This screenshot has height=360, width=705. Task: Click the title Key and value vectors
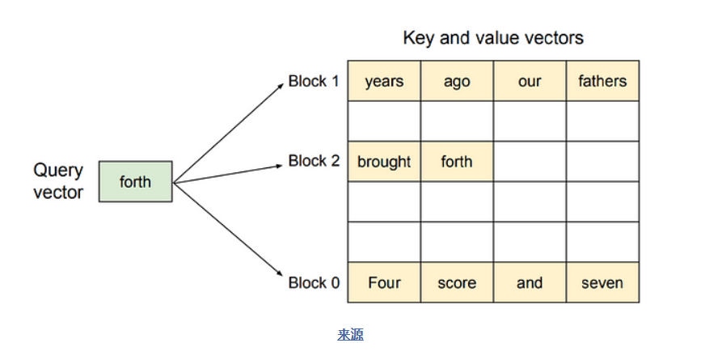[x=493, y=38]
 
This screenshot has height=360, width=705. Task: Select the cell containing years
[x=384, y=81]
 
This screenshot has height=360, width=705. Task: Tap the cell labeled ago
[x=458, y=81]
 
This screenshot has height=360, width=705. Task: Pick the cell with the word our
[x=530, y=81]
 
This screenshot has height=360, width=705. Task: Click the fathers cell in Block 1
[x=602, y=81]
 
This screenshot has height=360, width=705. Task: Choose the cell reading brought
[x=384, y=162]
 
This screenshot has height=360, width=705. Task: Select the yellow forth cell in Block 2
[x=458, y=162]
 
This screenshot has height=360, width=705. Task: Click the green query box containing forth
[x=135, y=181]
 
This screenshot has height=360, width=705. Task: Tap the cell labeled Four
[x=384, y=282]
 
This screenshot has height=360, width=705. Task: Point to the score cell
[x=458, y=282]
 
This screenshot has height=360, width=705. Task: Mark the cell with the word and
[x=530, y=282]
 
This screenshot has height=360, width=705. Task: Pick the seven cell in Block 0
[x=602, y=282]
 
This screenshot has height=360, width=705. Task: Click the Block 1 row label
[x=314, y=82]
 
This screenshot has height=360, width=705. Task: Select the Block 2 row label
[x=314, y=161]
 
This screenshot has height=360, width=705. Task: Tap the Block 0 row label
[x=314, y=282]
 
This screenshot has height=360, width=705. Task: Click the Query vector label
[x=58, y=181]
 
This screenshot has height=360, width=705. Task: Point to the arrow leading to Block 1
[x=229, y=133]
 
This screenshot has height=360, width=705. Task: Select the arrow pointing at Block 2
[x=228, y=174]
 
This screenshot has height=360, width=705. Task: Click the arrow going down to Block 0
[x=228, y=229]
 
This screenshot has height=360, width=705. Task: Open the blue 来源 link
[x=350, y=334]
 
